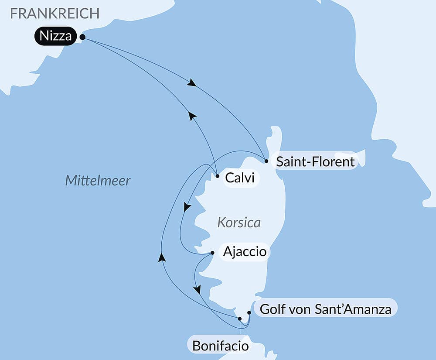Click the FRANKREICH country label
point(55,14)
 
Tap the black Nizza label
point(55,36)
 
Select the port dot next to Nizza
point(82,38)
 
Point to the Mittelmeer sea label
point(98,180)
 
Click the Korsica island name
point(238,223)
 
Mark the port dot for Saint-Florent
point(266,161)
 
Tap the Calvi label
point(239,178)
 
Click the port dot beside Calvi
point(218,176)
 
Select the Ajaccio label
point(245,252)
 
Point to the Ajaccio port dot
point(212,253)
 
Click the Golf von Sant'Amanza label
point(325,309)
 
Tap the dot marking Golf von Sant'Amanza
point(249,312)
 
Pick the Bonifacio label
point(221,346)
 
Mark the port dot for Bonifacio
point(240,319)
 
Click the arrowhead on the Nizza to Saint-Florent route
point(191,83)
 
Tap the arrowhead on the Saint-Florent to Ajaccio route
point(187,207)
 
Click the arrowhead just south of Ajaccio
point(198,289)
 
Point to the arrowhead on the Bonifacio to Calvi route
point(162,257)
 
